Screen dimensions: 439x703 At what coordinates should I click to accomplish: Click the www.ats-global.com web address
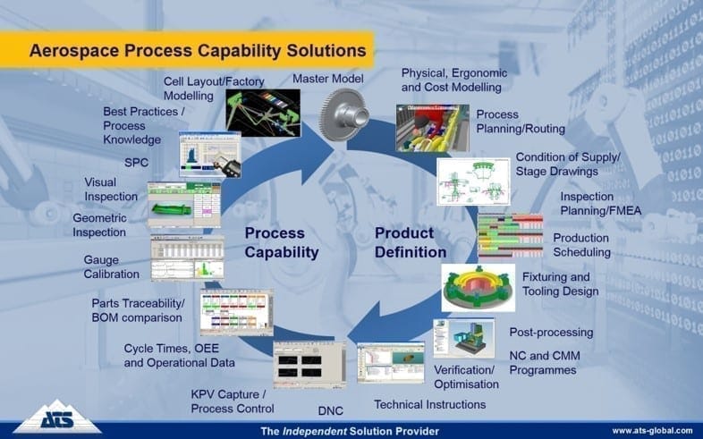click(651, 430)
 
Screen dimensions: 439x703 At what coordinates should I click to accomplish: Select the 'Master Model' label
click(327, 79)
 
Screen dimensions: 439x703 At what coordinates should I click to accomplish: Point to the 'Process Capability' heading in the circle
click(282, 242)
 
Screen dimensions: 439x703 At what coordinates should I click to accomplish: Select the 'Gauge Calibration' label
click(112, 266)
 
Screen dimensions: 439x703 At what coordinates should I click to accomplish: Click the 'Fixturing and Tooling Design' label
click(568, 283)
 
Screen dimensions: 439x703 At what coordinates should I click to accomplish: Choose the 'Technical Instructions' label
click(429, 404)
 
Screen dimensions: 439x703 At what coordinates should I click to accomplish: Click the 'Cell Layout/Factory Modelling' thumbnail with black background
click(262, 112)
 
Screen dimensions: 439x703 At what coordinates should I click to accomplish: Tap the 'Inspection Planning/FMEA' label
click(601, 204)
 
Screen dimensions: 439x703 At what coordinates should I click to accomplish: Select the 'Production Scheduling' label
click(580, 245)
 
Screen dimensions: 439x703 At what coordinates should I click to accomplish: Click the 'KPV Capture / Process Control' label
click(233, 401)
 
